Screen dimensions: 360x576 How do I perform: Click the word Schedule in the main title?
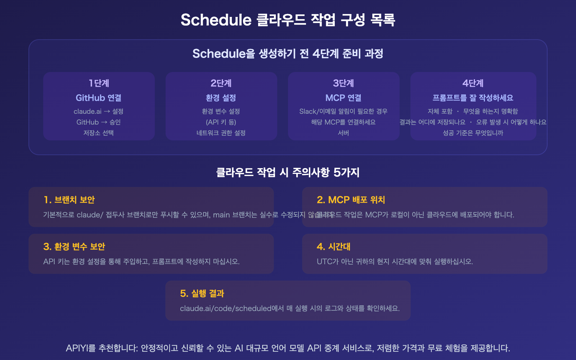click(216, 20)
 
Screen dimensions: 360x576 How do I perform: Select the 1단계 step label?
click(99, 83)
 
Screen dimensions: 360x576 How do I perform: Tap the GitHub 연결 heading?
click(99, 98)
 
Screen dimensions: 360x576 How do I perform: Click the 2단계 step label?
click(221, 83)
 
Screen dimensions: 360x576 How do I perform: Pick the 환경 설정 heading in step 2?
click(221, 98)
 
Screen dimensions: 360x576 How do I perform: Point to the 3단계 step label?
click(343, 83)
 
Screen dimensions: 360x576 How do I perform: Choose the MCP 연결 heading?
click(343, 98)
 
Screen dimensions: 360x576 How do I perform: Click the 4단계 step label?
click(473, 83)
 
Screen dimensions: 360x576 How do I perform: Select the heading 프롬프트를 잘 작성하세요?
click(473, 98)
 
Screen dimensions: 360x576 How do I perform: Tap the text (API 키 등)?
click(221, 122)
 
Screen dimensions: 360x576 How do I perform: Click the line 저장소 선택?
click(99, 133)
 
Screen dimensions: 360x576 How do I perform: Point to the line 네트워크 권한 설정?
click(221, 133)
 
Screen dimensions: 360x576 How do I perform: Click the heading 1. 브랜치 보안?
click(69, 200)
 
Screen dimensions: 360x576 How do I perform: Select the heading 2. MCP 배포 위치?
click(351, 200)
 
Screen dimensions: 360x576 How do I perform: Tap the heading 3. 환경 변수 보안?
click(74, 247)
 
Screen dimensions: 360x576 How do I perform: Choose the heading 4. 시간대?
click(334, 247)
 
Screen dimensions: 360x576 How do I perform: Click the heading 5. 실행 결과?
click(202, 293)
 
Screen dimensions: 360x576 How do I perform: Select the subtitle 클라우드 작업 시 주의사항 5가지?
click(288, 172)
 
